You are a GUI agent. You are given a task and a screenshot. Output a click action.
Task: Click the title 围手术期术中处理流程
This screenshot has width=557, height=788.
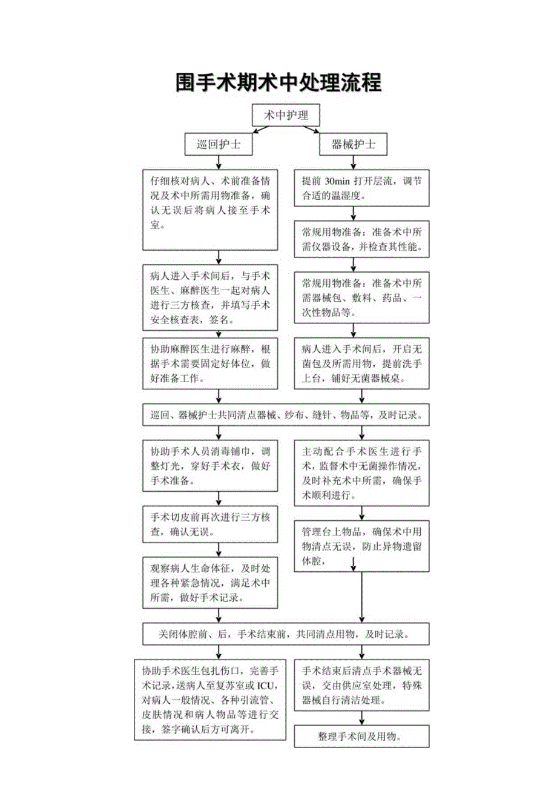(279, 83)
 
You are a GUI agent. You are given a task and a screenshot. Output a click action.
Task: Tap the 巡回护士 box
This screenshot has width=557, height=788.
(219, 145)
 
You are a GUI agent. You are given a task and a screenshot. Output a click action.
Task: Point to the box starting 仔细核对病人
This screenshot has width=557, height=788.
(210, 208)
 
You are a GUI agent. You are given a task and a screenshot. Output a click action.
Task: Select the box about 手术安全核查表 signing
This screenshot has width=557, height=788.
(210, 297)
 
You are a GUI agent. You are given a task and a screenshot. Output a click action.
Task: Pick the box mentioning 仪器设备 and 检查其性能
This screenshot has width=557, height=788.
(362, 240)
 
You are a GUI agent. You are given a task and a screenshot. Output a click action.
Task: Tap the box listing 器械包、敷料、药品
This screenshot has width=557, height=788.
(362, 297)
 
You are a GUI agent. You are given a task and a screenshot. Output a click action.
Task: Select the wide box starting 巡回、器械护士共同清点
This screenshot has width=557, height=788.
(286, 416)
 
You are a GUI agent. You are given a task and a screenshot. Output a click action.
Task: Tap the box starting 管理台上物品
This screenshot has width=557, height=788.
(362, 546)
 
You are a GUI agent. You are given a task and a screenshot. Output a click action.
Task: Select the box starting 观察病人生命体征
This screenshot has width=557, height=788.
(210, 582)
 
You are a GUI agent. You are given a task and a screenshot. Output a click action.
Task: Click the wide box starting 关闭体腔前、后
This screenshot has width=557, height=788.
(286, 635)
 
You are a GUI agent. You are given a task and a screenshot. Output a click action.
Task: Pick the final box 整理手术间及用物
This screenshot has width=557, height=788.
(362, 735)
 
